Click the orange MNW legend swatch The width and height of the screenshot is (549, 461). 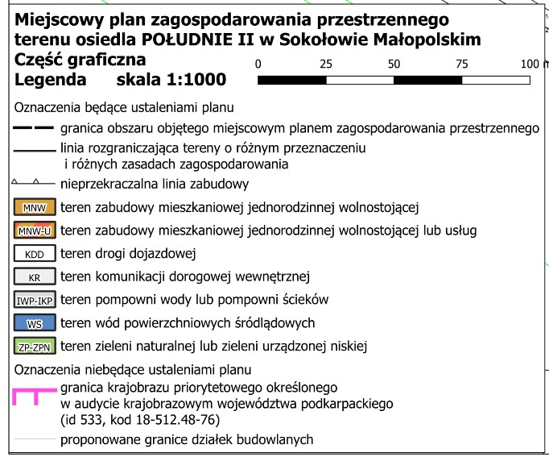34,207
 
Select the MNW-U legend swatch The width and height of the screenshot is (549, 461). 34,230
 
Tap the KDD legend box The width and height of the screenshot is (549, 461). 34,253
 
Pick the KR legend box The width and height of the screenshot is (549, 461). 34,276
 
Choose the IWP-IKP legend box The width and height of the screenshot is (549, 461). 34,300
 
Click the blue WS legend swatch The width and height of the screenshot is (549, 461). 34,323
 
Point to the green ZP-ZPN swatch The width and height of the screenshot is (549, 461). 34,347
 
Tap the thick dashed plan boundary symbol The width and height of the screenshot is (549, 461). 33,128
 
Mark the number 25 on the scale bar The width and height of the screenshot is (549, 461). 326,64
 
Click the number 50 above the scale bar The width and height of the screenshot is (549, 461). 394,64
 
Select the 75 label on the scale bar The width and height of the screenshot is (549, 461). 462,64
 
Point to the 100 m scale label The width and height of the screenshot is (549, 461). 530,64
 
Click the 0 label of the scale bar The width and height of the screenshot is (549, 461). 258,64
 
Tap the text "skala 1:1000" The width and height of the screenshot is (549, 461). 171,80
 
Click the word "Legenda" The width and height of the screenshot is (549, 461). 50,80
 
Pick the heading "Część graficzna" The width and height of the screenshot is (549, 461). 80,60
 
